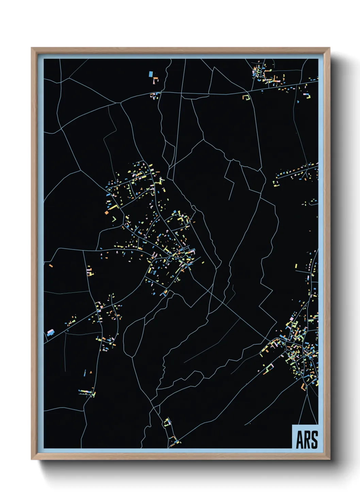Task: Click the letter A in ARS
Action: [299, 440]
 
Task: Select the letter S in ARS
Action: [314, 440]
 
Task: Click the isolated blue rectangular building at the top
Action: [151, 74]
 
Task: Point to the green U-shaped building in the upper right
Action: [246, 97]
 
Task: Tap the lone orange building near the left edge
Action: [51, 265]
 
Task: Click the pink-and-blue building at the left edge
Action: [50, 332]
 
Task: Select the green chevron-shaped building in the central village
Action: [114, 219]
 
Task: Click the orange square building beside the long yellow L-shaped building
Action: [107, 212]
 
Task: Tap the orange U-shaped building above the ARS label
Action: [304, 387]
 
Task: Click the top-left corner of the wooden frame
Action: [32, 48]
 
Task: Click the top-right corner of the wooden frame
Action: [330, 48]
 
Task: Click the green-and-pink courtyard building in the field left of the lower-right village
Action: [269, 368]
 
